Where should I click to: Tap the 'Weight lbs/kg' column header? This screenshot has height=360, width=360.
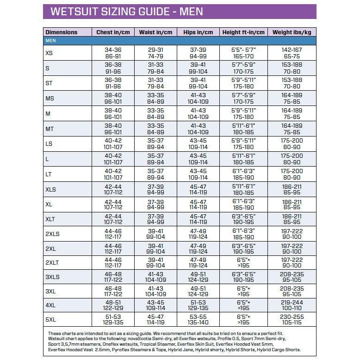(x=291, y=32)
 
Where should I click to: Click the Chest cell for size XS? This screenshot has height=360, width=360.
(x=113, y=53)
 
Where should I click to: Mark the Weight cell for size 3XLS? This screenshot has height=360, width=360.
(x=292, y=277)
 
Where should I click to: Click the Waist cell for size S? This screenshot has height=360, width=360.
(x=155, y=68)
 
